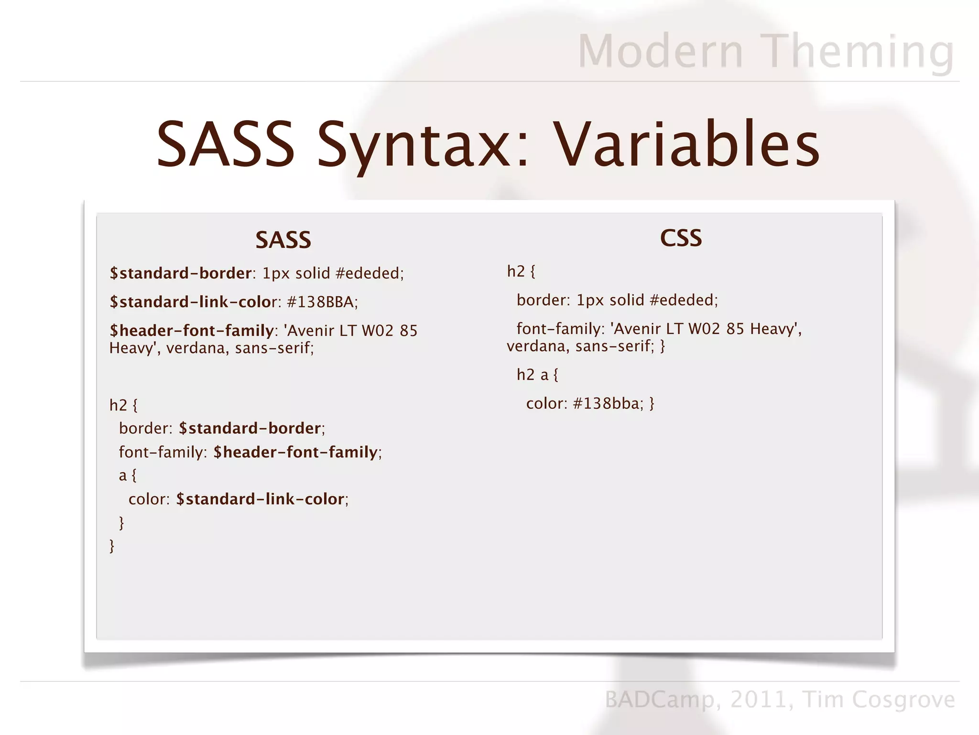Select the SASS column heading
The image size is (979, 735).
pyautogui.click(x=283, y=240)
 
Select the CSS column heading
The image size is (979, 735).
pyautogui.click(x=681, y=238)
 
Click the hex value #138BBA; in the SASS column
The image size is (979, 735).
pyautogui.click(x=322, y=302)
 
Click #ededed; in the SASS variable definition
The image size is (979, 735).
pyautogui.click(x=370, y=273)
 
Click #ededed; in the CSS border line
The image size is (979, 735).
pyautogui.click(x=684, y=300)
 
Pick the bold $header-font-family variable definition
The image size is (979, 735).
pyautogui.click(x=191, y=331)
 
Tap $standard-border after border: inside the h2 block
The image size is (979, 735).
pyautogui.click(x=250, y=428)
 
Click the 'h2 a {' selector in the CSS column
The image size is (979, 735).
pyautogui.click(x=537, y=375)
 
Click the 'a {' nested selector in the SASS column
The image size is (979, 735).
pyautogui.click(x=128, y=475)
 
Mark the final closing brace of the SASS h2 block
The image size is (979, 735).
pyautogui.click(x=112, y=546)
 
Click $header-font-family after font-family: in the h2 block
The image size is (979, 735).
pyautogui.click(x=295, y=452)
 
